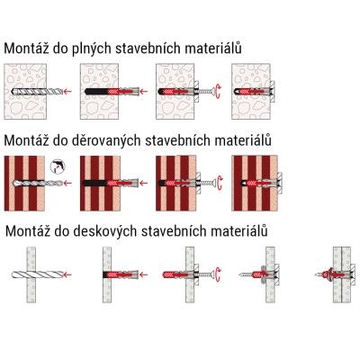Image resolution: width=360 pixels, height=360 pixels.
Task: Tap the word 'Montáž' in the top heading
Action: (x=26, y=48)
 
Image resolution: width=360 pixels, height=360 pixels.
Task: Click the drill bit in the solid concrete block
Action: (x=37, y=91)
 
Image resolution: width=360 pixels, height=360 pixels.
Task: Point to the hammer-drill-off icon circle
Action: (x=58, y=166)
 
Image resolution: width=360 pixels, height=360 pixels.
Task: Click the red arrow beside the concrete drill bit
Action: (x=67, y=91)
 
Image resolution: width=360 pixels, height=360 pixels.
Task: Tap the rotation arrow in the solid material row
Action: (x=219, y=91)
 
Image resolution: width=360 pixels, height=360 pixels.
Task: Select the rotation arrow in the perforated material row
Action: (x=220, y=183)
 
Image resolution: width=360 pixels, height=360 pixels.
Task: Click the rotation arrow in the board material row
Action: (x=219, y=274)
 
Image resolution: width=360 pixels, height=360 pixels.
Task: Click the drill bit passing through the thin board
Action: (x=37, y=274)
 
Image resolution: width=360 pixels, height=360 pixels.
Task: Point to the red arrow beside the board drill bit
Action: (x=67, y=274)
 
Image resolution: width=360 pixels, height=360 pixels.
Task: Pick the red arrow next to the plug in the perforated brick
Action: (x=144, y=183)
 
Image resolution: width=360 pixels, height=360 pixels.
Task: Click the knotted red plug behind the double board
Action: (x=327, y=274)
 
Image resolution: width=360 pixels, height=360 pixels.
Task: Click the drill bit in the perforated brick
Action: (x=37, y=183)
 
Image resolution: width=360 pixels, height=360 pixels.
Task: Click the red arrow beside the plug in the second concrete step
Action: (x=144, y=91)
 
